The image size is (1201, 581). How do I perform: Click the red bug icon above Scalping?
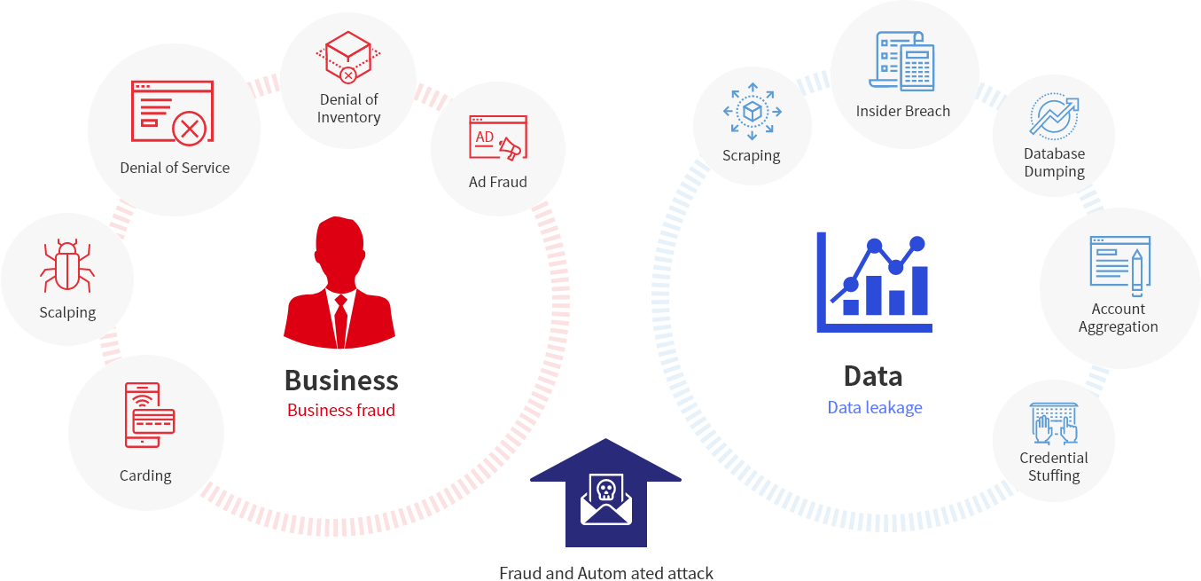coord(67,266)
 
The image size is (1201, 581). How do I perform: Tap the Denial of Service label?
coord(175,168)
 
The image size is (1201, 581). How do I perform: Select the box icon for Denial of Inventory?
coord(348,58)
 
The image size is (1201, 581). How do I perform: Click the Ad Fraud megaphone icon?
coord(496,141)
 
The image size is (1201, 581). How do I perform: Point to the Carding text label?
coord(145,475)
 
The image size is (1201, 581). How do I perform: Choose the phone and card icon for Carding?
coord(149,415)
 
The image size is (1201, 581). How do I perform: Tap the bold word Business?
coord(340,381)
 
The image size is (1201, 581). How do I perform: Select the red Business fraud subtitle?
coord(340,411)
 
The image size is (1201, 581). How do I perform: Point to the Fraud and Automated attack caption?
coord(605,573)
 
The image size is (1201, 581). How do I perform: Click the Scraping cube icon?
coord(752,112)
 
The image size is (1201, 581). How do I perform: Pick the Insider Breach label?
coord(902,112)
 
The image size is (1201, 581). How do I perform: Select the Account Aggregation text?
coord(1118,318)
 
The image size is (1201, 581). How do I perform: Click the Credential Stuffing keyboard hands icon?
coord(1054,423)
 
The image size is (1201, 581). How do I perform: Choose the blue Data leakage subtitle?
coord(874,407)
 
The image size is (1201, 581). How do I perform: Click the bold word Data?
coord(873,376)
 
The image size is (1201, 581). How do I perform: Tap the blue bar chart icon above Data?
coord(874,281)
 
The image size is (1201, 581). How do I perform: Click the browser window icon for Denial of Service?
coord(172,111)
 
